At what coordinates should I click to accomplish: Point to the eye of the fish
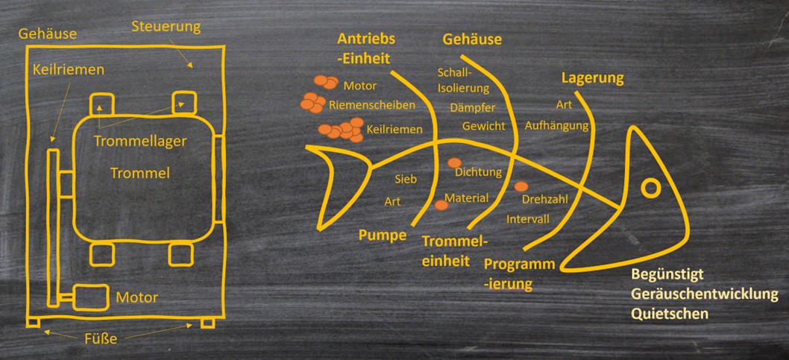[x=651, y=187]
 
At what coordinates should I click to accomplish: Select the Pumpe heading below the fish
[x=382, y=236]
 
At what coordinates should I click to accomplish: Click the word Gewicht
[x=483, y=126]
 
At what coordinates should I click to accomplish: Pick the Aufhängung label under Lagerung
[x=556, y=125]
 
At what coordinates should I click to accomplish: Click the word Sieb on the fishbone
[x=405, y=180]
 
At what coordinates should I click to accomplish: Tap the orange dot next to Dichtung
[x=454, y=163]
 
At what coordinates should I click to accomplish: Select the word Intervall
[x=528, y=219]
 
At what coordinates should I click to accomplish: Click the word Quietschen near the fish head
[x=670, y=314]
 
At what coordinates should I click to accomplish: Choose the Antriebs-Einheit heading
[x=365, y=48]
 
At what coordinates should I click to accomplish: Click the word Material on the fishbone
[x=466, y=198]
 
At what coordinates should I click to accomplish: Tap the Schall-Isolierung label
[x=454, y=80]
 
